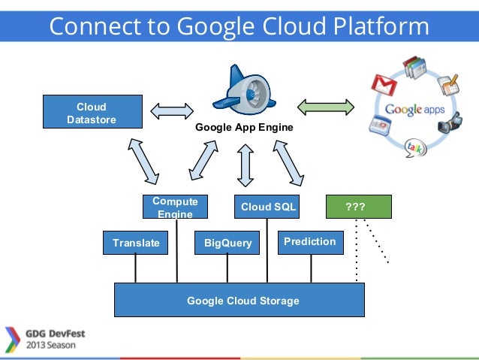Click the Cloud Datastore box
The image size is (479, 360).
point(92,113)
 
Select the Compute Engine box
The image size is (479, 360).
point(175,207)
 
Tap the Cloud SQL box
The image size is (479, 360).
point(268,207)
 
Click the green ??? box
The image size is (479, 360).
point(359,207)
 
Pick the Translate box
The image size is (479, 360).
point(136,243)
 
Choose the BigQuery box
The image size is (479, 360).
point(227,243)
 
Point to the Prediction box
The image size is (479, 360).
point(310,242)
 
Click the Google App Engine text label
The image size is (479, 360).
point(244,128)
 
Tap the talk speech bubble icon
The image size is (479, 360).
point(414,147)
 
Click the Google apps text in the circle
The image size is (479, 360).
point(414,110)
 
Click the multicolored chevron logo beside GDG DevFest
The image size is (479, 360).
point(12,340)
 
